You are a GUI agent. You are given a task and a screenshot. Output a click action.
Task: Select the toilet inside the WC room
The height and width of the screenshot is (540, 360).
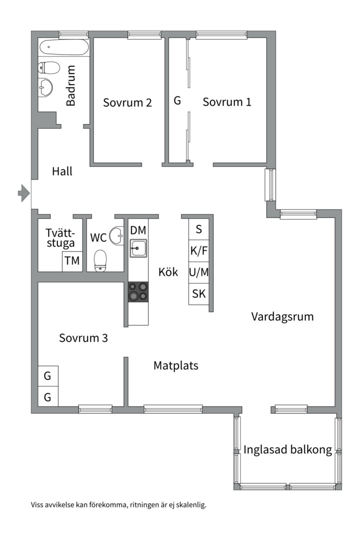click(101, 260)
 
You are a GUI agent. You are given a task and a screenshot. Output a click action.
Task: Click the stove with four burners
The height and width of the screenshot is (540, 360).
click(138, 292)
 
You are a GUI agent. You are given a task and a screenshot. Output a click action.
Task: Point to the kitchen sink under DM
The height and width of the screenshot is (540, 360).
click(138, 248)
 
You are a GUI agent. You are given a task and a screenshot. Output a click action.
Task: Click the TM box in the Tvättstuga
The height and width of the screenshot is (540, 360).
click(72, 261)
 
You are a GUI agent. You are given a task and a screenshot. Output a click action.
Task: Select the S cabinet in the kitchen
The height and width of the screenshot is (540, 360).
click(199, 229)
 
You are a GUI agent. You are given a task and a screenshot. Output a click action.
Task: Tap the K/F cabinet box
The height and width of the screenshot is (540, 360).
click(199, 251)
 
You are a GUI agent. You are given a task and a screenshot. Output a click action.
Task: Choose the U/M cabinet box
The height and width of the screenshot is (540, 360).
click(199, 272)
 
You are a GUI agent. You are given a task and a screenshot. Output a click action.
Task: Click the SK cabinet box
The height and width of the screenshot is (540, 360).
click(199, 294)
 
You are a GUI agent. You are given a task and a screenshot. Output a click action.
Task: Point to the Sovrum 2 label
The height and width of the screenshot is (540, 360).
click(127, 102)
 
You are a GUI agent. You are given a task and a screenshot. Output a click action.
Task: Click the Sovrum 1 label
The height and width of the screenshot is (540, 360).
click(227, 102)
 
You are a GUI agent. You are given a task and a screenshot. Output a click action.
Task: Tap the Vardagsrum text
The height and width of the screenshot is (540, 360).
click(282, 316)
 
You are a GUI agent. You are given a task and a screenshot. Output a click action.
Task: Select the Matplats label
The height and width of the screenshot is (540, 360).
click(175, 365)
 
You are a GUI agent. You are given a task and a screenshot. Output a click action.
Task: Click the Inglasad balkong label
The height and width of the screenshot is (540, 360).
click(287, 449)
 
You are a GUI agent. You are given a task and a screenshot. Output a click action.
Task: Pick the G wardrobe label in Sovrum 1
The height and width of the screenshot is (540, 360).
click(177, 100)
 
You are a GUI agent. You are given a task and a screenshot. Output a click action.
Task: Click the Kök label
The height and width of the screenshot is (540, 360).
click(168, 272)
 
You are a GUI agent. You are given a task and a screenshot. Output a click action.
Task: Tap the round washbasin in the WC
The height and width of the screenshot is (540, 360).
click(117, 235)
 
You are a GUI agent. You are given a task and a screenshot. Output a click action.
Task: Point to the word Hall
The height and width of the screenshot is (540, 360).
click(62, 171)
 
